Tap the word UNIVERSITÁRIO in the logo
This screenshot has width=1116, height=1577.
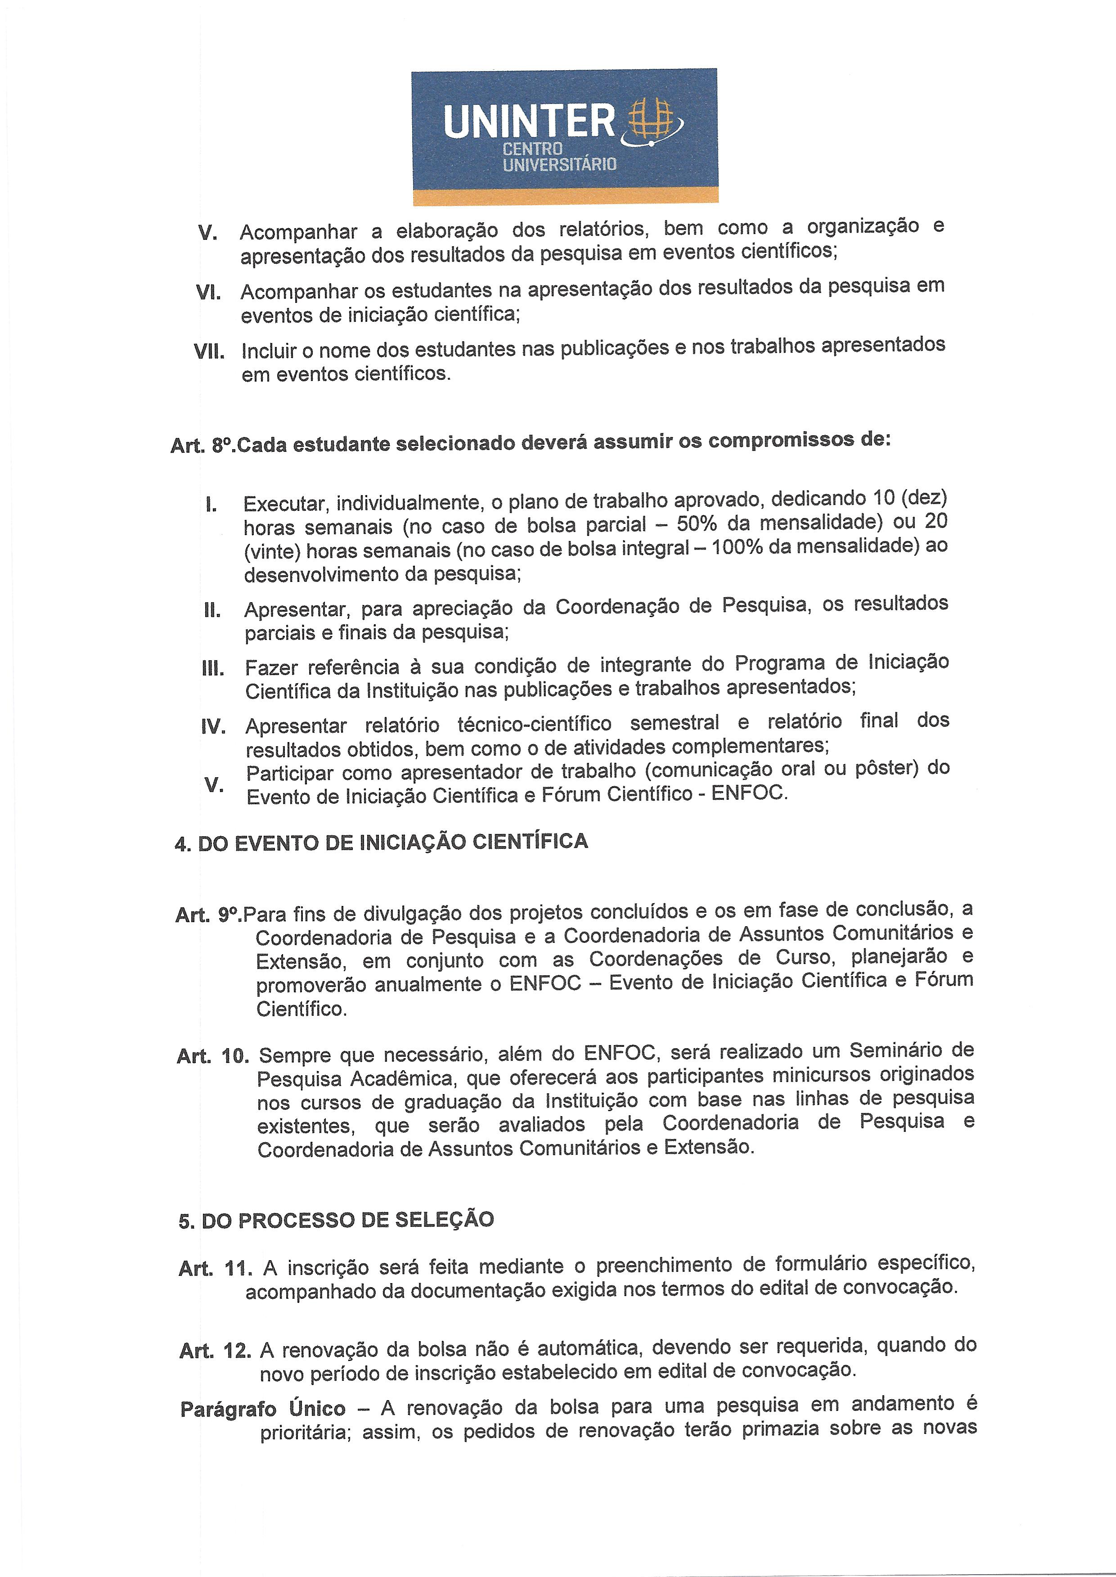click(559, 165)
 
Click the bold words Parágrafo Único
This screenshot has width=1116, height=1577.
click(262, 1409)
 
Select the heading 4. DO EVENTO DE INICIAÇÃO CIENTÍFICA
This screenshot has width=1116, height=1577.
click(382, 843)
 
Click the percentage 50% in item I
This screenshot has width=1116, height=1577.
click(699, 524)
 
